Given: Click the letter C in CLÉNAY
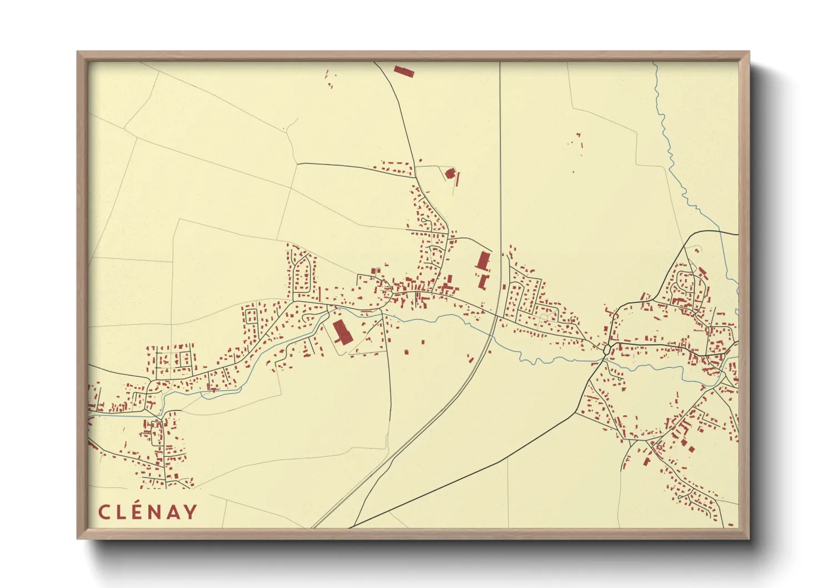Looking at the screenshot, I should coord(103,512).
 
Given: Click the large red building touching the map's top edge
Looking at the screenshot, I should coord(404,71).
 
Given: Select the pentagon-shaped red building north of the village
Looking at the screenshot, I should coord(450,173).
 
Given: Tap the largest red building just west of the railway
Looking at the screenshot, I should coord(483,261).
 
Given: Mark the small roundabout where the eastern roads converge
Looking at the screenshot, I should coord(607,350).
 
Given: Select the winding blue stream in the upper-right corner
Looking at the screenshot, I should coord(666,139).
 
